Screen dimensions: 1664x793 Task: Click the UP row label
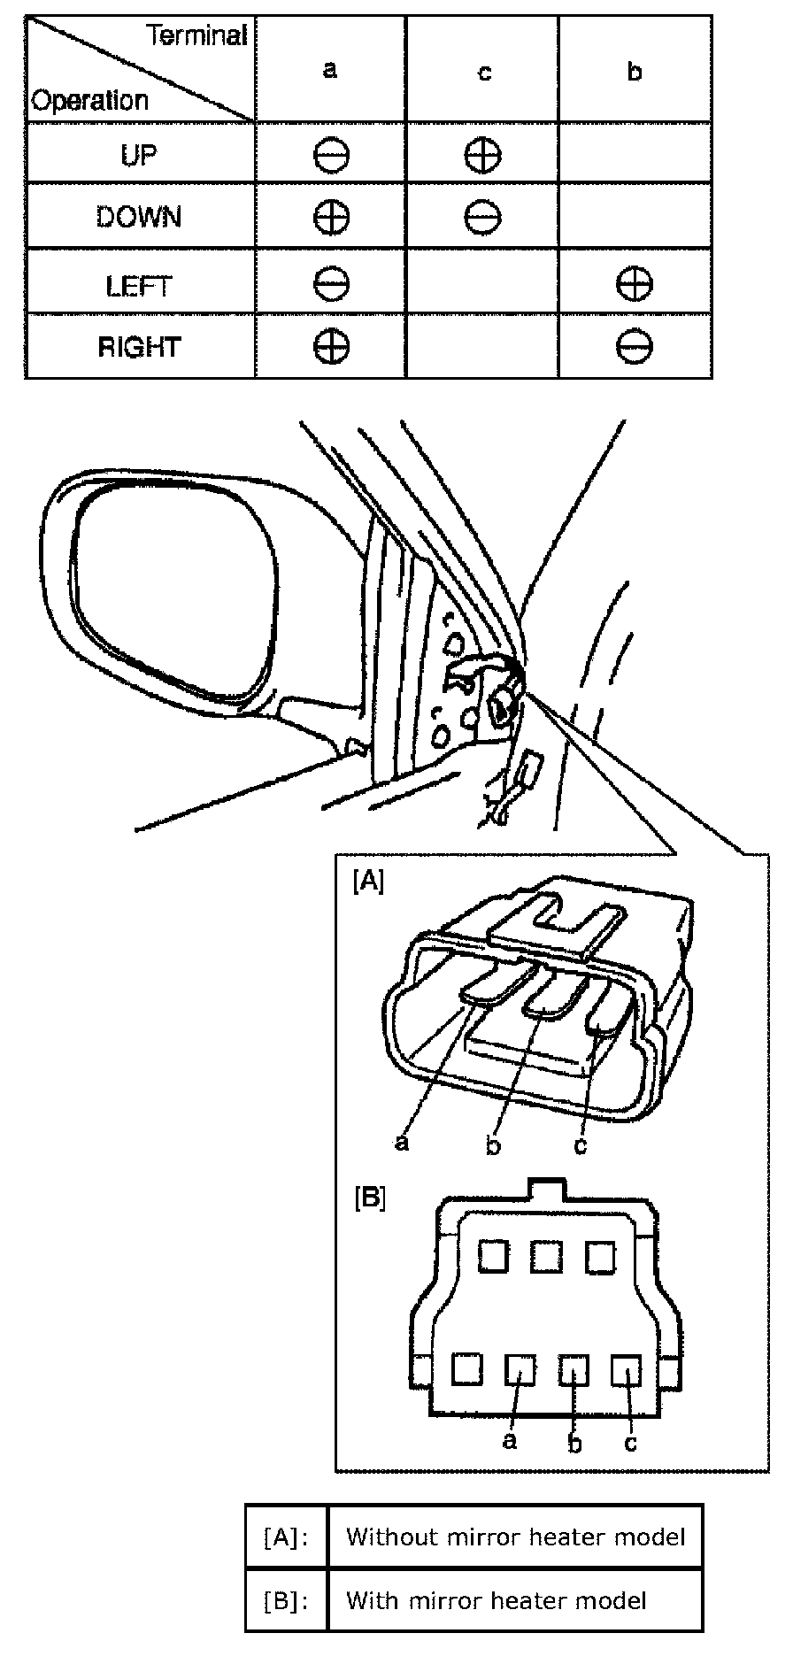(x=139, y=155)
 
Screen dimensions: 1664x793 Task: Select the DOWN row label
(x=139, y=217)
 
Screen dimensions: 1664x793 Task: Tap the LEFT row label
(x=139, y=286)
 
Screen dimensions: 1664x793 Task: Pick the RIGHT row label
(x=139, y=346)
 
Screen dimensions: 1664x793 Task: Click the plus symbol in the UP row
(x=482, y=156)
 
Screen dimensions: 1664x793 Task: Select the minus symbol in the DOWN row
(x=482, y=217)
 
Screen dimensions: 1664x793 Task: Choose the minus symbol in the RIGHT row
(x=635, y=346)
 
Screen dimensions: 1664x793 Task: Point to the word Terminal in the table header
(x=196, y=36)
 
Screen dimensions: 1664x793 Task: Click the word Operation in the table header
(x=89, y=100)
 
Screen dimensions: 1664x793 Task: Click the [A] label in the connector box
(x=368, y=882)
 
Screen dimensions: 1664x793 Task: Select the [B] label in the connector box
(x=369, y=1198)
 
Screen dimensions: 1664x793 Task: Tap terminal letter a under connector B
(x=509, y=1442)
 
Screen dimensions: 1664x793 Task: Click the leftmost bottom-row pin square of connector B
(x=466, y=1369)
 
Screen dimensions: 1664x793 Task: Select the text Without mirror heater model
(x=515, y=1537)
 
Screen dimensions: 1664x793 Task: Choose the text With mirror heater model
(x=496, y=1600)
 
